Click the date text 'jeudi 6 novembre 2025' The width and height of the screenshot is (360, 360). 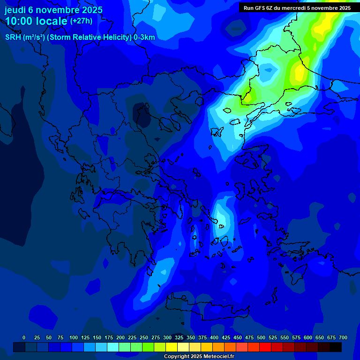[x=53, y=10]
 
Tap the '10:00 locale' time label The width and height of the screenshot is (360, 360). [x=36, y=21]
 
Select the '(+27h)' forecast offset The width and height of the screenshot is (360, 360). [x=81, y=21]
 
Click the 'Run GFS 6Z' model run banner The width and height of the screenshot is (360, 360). [x=297, y=8]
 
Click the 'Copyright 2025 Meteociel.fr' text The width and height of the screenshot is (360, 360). [x=199, y=357]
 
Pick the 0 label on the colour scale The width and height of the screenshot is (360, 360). [x=24, y=337]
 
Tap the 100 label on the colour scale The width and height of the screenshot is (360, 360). [x=74, y=337]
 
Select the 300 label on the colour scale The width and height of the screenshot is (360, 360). [x=167, y=337]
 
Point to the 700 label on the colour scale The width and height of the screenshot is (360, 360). [x=343, y=337]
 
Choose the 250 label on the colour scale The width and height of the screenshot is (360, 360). [x=144, y=337]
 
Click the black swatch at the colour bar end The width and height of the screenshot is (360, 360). [x=336, y=347]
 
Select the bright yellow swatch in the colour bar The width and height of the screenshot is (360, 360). [x=172, y=347]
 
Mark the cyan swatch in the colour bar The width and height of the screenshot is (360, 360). [x=113, y=347]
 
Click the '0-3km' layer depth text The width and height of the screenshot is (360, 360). [x=144, y=37]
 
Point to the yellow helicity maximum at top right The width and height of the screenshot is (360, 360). [x=323, y=26]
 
